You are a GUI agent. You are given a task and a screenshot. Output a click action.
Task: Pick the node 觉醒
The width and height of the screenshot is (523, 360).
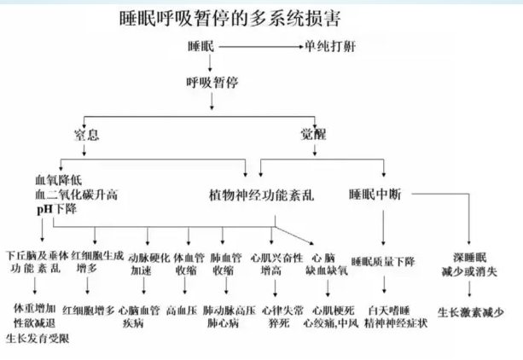click(x=313, y=134)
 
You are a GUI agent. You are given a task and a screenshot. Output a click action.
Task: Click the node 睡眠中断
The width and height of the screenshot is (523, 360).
click(x=376, y=193)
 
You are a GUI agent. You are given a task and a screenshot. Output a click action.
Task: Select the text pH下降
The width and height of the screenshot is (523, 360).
click(x=55, y=208)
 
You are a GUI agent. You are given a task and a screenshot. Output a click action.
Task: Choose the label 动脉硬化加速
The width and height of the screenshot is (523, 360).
click(x=146, y=262)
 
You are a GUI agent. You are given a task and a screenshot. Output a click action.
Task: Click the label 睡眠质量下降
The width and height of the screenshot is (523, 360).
click(x=382, y=261)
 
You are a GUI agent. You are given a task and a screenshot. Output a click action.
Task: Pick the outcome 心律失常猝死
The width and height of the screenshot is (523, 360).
click(x=276, y=316)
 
